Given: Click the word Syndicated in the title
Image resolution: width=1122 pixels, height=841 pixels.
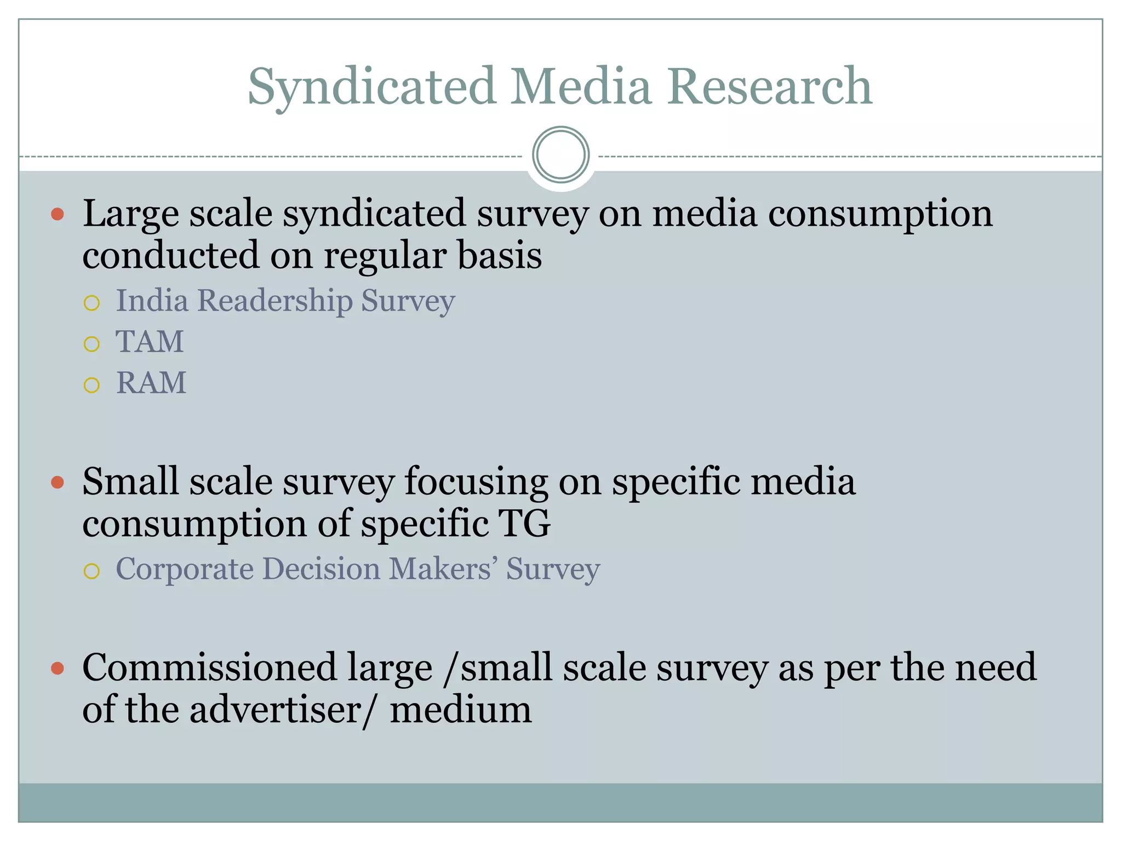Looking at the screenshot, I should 372,87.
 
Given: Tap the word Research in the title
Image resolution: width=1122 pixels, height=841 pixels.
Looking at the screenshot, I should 769,87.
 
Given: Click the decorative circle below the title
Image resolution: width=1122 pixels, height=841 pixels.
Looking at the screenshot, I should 560,155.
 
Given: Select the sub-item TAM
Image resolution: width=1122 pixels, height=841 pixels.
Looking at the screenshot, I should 150,342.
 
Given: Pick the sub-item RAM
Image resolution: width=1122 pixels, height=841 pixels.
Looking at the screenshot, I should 151,383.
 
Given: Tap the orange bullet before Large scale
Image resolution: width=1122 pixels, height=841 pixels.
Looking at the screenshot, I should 58,214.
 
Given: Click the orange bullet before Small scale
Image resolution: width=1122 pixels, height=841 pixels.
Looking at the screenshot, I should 58,482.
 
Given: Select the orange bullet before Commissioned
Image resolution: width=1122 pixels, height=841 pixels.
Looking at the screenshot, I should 58,668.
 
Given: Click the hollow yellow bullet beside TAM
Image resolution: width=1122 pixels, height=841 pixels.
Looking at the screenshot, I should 91,344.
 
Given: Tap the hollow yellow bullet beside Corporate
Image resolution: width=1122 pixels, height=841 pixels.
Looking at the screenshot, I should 91,571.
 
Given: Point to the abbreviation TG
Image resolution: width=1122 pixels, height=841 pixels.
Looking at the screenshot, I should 524,524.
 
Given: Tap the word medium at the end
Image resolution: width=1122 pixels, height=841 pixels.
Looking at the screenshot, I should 460,710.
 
